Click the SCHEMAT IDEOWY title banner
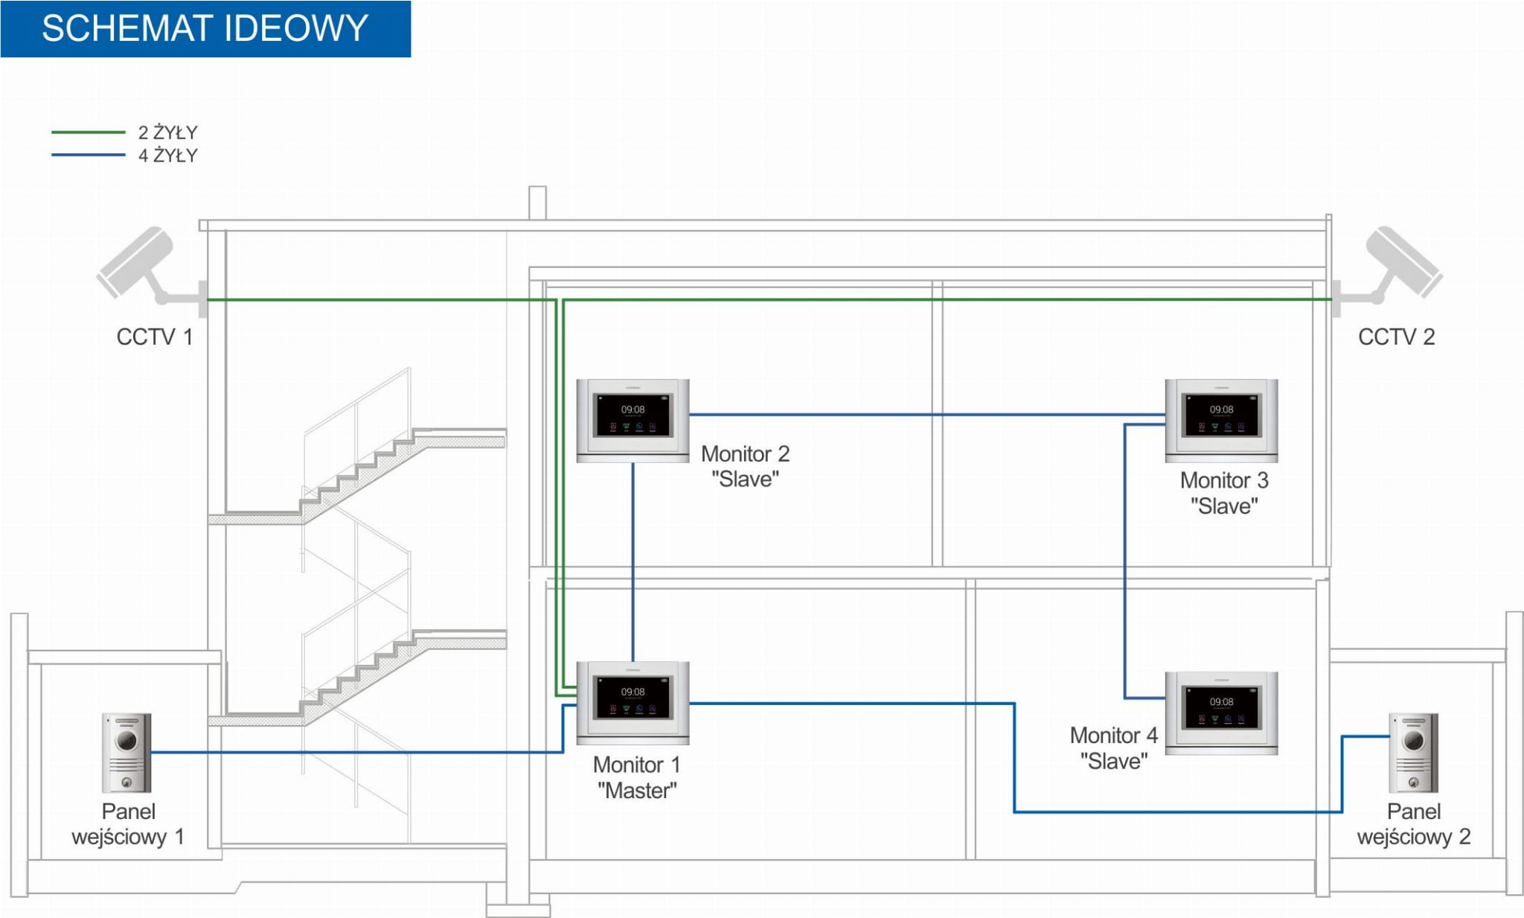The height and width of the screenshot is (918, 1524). [x=205, y=28]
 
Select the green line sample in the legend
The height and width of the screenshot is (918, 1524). [x=88, y=132]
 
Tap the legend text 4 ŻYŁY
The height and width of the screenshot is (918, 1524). [x=168, y=156]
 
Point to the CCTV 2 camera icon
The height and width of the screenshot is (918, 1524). [x=1398, y=264]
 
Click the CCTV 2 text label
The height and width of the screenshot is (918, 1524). [x=1396, y=337]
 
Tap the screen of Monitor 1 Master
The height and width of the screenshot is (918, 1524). [x=633, y=698]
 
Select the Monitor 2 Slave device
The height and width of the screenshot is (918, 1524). [x=633, y=420]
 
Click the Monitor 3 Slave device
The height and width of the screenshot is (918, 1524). [x=1221, y=420]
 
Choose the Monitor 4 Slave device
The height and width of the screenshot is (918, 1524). [x=1221, y=713]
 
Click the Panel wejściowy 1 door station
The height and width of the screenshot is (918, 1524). [x=127, y=753]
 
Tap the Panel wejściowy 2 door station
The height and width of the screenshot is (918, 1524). [x=1413, y=753]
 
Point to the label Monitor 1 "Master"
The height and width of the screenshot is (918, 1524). [x=637, y=777]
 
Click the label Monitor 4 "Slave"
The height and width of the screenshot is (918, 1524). [x=1113, y=748]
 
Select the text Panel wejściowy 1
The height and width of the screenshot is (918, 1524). [x=128, y=824]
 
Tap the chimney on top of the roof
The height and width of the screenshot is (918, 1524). [x=537, y=203]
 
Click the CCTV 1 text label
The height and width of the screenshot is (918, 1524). [x=155, y=337]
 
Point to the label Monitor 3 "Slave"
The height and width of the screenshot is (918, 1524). [x=1224, y=493]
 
